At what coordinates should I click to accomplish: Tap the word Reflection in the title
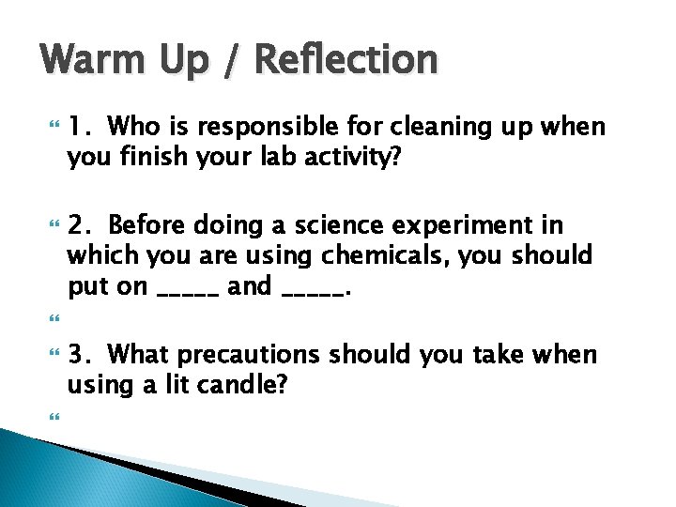coord(346,61)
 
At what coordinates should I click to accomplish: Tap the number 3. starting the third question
coord(82,355)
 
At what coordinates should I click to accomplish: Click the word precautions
coord(249,355)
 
